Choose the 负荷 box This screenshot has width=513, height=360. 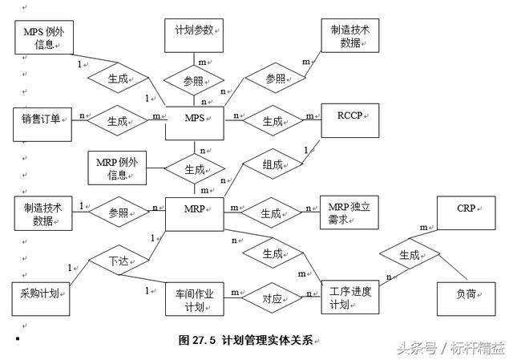click(x=466, y=297)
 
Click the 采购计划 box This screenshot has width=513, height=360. click(x=41, y=297)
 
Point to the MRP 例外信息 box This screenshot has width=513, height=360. click(x=118, y=168)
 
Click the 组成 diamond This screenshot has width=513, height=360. click(x=273, y=166)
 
